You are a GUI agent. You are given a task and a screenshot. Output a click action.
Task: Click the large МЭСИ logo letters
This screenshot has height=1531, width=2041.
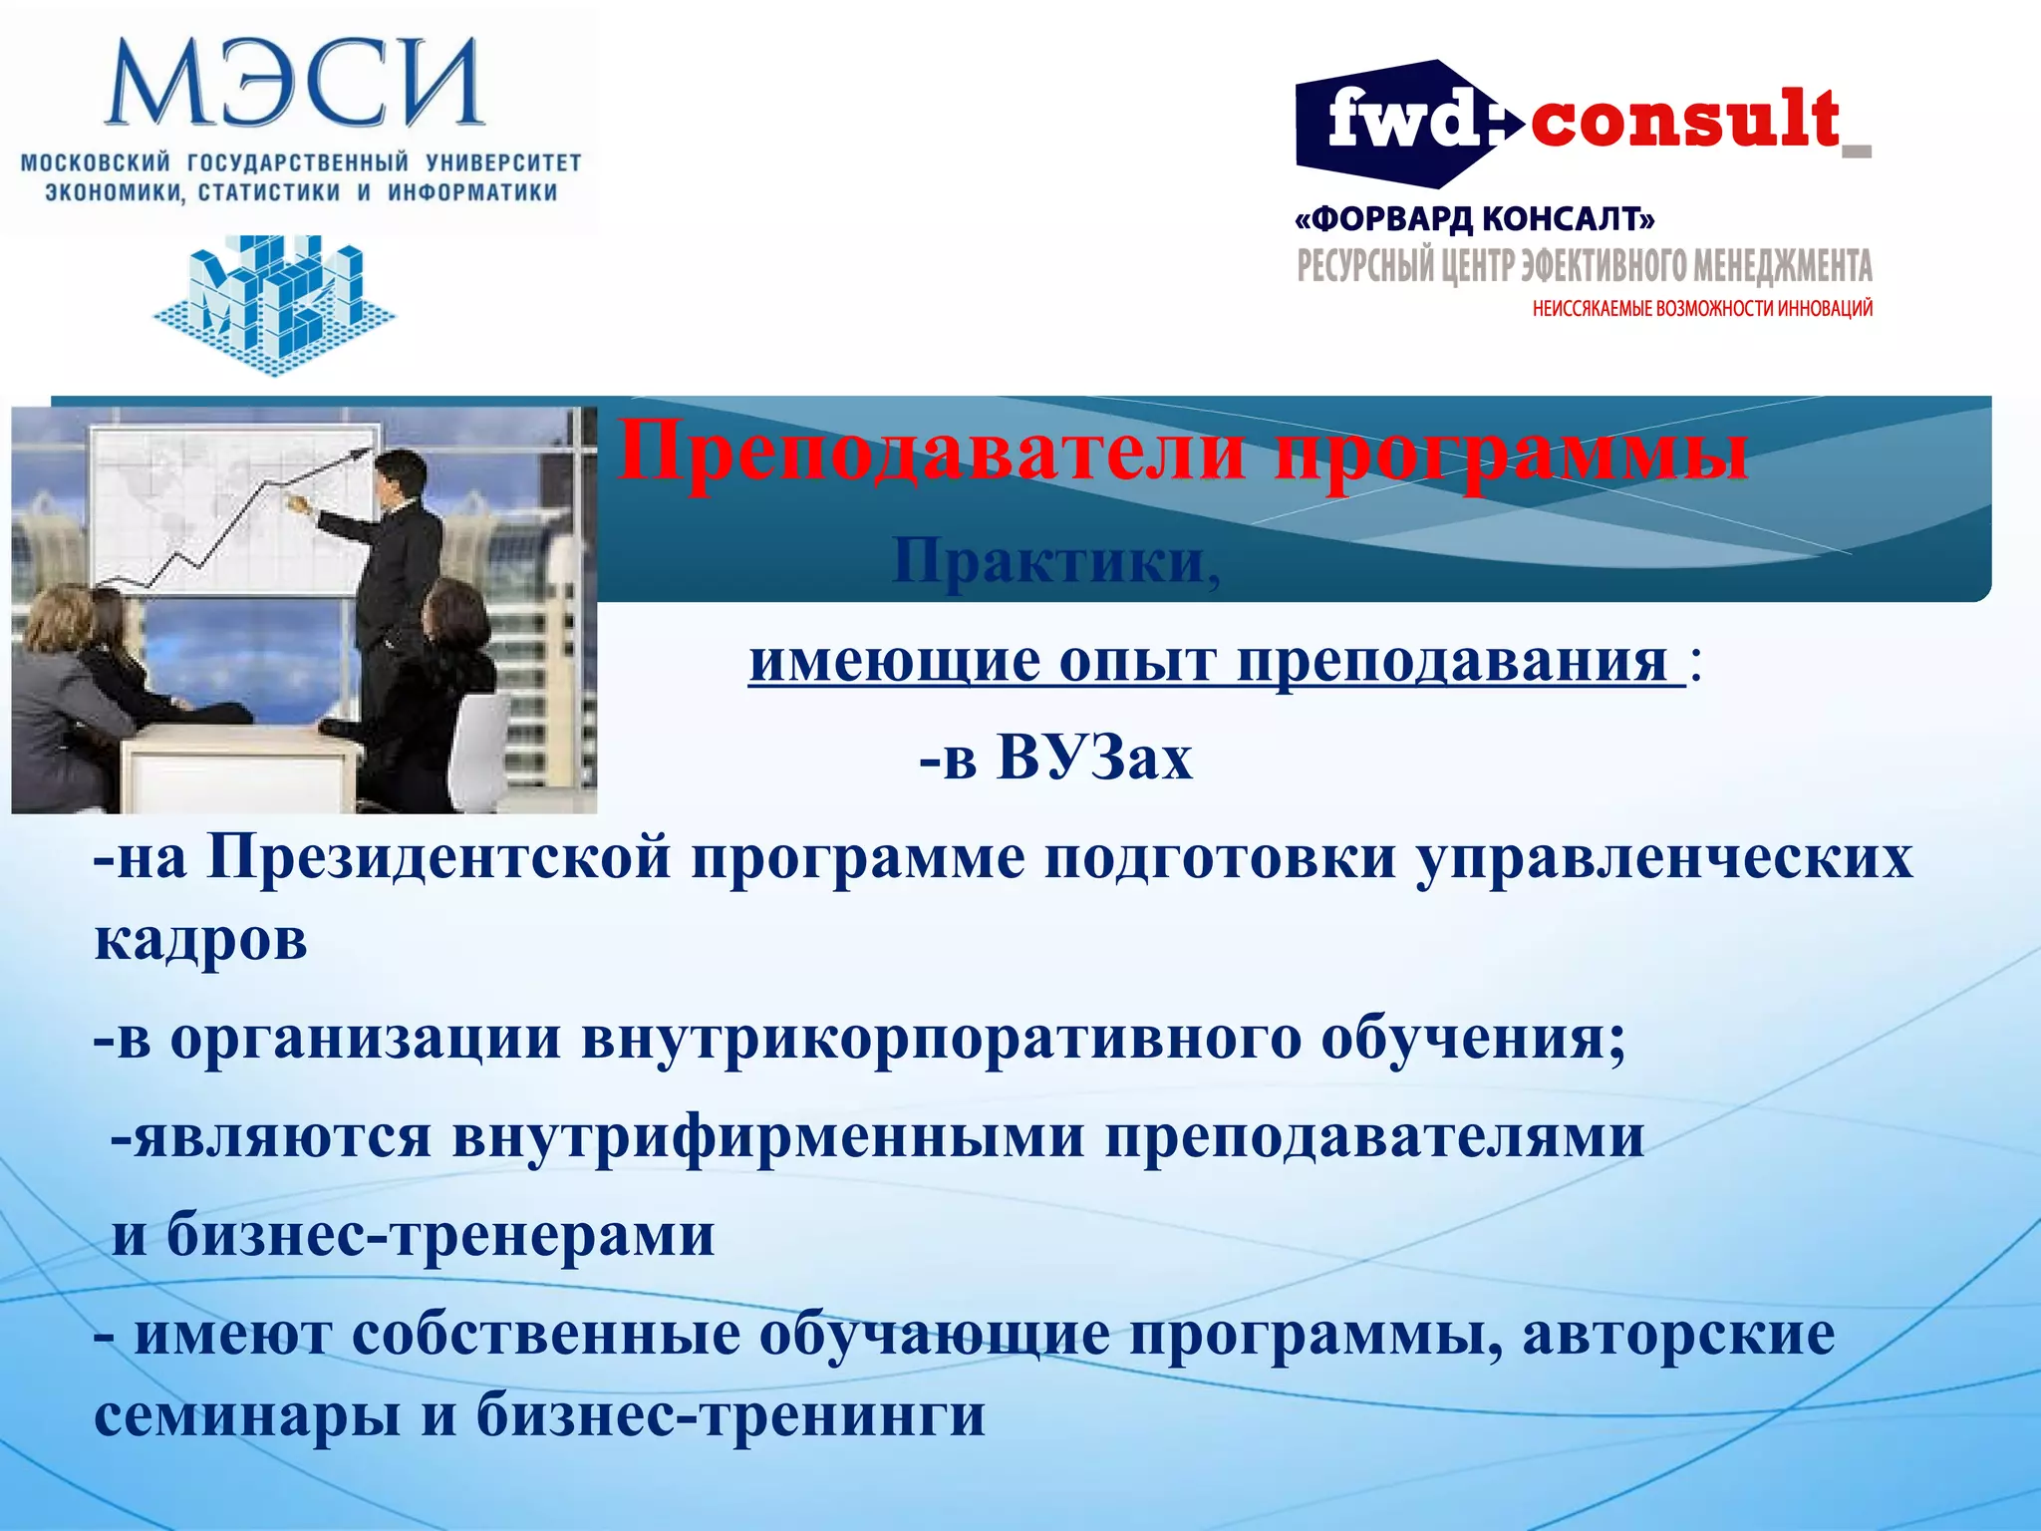[294, 85]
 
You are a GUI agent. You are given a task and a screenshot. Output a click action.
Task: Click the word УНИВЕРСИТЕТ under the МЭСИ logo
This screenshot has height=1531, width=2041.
[503, 162]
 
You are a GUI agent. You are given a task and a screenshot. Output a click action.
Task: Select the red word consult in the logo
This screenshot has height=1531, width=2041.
[1684, 122]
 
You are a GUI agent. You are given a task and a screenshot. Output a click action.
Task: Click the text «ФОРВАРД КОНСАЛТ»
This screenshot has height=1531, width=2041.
[1475, 219]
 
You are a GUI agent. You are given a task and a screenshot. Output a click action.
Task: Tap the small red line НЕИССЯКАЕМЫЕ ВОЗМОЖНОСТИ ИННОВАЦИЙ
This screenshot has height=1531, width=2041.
[1702, 309]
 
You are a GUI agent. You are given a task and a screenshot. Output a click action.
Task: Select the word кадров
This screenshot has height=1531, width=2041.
[200, 940]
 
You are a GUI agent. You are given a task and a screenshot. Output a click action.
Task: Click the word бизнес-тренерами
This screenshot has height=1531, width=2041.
[439, 1236]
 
